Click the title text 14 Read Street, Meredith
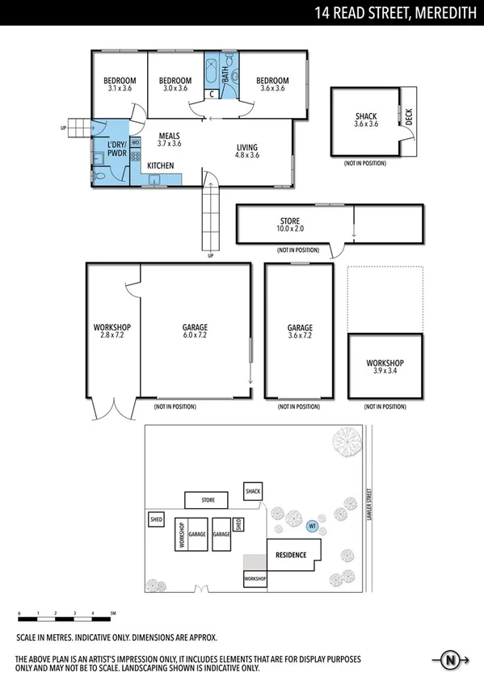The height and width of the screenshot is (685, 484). pos(396,12)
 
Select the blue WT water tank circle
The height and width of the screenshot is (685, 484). pos(312,526)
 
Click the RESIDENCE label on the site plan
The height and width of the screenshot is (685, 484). pos(291,555)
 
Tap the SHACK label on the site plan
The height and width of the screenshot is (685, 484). pos(253,491)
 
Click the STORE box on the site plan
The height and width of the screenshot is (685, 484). pos(208,500)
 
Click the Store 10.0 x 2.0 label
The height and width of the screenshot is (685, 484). pos(289,225)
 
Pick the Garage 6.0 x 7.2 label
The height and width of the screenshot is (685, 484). pos(195,330)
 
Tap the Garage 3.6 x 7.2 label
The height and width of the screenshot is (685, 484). pos(300,331)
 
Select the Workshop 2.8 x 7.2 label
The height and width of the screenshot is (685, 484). pos(112,330)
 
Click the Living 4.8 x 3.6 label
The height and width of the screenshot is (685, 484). pos(246,151)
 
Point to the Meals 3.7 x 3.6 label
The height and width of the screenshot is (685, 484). pos(169,140)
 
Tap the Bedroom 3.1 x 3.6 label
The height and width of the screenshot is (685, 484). pos(120,84)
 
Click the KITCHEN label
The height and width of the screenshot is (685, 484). pos(160,166)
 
